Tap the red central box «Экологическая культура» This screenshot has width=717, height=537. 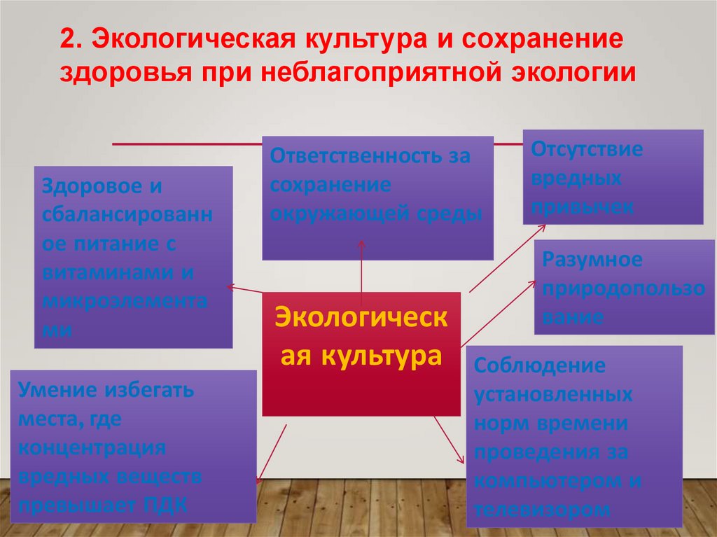click(361, 354)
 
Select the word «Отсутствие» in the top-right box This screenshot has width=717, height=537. click(587, 149)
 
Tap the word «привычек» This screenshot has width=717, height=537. click(583, 207)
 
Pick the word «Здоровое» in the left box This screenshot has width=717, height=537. click(86, 186)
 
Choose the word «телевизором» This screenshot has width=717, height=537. click(542, 510)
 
